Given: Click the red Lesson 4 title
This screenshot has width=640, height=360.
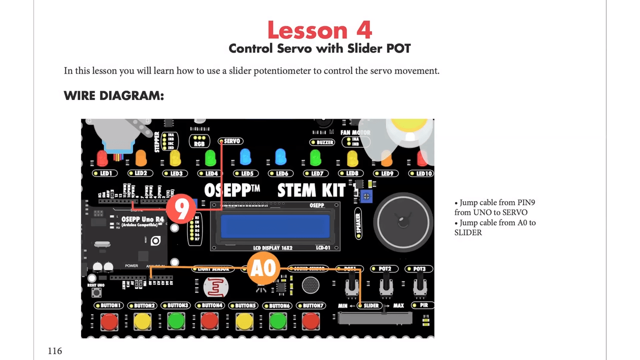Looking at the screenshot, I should tap(319, 30).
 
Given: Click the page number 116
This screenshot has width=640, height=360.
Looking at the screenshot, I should tap(55, 351).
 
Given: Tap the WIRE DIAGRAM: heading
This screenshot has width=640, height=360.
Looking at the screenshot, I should tap(113, 95).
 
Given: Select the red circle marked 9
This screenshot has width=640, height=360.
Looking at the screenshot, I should tap(180, 208).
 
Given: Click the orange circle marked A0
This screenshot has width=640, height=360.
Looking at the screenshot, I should tap(263, 268).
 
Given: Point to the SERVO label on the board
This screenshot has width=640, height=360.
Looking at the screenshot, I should tap(231, 141).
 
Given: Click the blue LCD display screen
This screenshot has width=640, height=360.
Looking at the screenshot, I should tap(275, 226).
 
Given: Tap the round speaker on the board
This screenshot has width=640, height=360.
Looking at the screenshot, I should tap(403, 220).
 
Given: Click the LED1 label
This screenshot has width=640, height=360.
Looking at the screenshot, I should tap(105, 173).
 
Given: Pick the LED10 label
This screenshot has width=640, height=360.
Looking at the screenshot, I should tap(423, 173).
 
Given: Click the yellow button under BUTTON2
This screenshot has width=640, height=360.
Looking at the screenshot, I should tap(142, 321).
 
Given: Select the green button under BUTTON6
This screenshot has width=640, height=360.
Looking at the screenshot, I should tap(277, 321).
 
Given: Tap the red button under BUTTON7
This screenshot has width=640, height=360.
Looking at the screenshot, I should tap(310, 321).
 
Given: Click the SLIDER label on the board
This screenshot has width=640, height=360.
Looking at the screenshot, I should tap(370, 305).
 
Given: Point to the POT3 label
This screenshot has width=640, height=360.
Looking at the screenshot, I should tap(419, 269).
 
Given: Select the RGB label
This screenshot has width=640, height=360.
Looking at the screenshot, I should tap(199, 144).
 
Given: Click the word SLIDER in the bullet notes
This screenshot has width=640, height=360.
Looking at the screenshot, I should tap(468, 232).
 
